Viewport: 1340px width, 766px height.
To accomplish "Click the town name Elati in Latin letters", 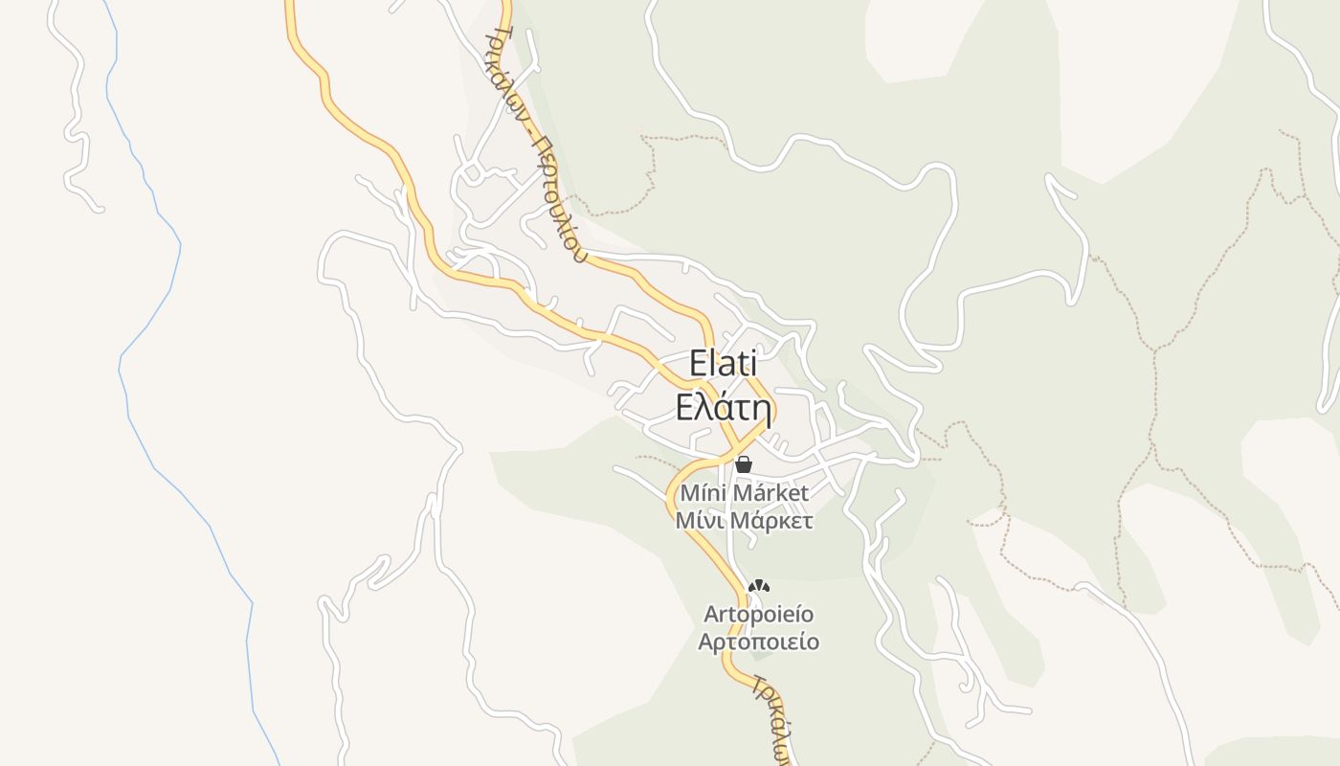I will (x=723, y=365).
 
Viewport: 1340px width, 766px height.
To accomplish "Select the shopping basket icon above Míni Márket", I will (x=744, y=464).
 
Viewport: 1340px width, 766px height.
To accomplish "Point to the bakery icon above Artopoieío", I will (x=759, y=585).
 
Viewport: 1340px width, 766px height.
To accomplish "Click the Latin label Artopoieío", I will (x=758, y=613).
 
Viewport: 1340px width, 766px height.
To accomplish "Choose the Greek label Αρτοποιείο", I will (x=758, y=642).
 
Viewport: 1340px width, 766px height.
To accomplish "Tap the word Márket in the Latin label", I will (x=772, y=494).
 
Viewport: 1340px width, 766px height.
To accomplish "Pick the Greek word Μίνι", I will (x=700, y=522).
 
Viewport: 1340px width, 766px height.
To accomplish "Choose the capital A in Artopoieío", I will (x=711, y=613).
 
